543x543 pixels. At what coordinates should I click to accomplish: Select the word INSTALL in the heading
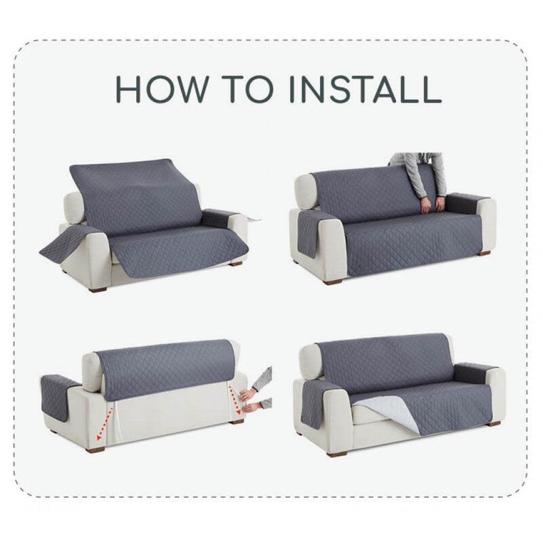click(x=365, y=89)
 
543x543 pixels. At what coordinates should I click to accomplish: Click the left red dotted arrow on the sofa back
click(x=105, y=423)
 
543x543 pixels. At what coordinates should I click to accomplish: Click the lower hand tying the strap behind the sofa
click(x=252, y=407)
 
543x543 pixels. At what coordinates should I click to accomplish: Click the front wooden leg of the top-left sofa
click(x=98, y=288)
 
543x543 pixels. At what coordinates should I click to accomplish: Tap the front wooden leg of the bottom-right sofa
click(x=337, y=454)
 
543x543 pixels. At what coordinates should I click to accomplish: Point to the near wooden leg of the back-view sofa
click(x=95, y=449)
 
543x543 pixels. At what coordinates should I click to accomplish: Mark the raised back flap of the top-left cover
click(x=136, y=196)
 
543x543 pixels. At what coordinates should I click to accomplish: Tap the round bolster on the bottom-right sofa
click(x=311, y=361)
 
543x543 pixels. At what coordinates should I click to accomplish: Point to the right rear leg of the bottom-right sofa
click(x=494, y=423)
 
